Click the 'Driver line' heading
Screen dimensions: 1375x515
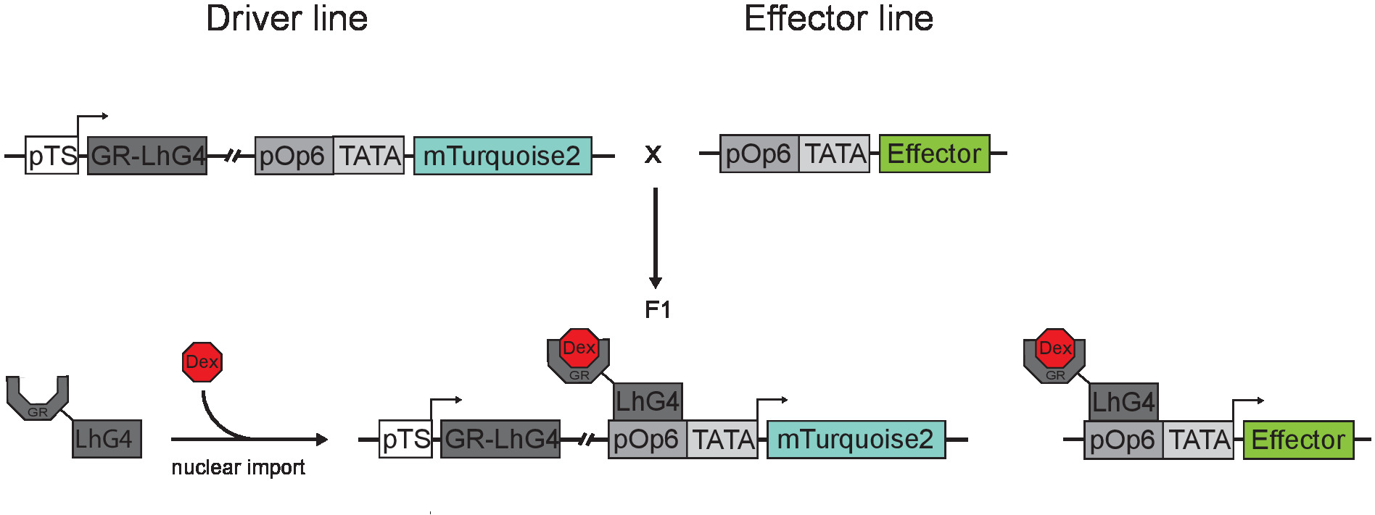[x=287, y=18]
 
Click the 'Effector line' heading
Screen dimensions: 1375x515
[x=838, y=18]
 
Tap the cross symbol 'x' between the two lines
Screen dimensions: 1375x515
[x=653, y=154]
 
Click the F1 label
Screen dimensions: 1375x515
[x=658, y=310]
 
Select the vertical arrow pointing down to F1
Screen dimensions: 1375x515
[x=656, y=238]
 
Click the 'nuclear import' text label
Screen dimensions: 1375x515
[x=238, y=467]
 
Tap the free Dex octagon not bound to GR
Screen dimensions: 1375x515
[x=202, y=362]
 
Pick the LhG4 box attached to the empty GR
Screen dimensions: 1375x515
[x=107, y=438]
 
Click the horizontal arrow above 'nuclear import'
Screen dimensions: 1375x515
[x=249, y=439]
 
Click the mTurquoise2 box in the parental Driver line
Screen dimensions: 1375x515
[x=503, y=156]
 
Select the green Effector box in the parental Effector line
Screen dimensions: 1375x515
[x=934, y=154]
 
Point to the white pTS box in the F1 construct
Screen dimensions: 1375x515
[x=405, y=439]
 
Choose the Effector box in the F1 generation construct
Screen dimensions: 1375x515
[x=1298, y=440]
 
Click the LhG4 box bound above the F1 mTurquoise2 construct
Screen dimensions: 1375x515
[x=648, y=401]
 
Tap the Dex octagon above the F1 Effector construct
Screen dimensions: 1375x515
[x=1054, y=348]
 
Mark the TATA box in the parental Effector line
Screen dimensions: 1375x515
[x=834, y=154]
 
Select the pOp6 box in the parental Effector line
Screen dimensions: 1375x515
[x=759, y=154]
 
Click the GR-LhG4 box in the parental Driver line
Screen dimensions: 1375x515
[x=147, y=156]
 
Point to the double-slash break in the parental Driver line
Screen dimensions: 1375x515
[x=232, y=156]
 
